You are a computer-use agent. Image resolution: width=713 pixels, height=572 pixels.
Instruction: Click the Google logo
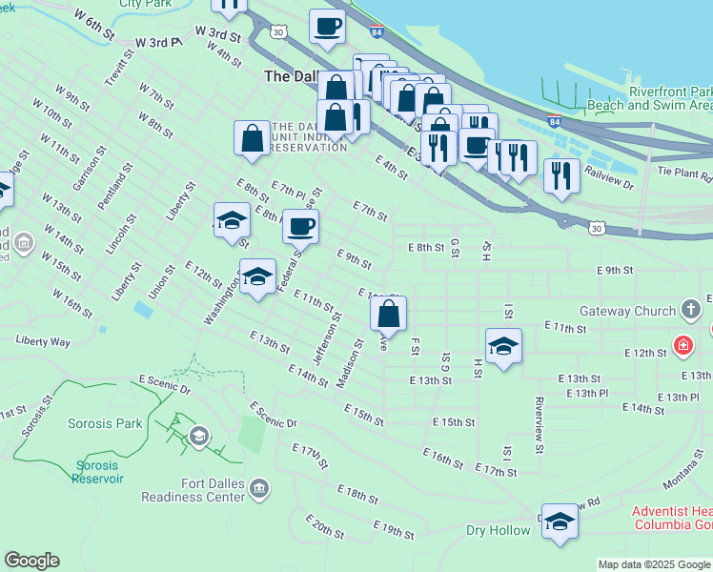tap(31, 561)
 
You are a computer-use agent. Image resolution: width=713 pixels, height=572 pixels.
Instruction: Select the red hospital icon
tap(682, 345)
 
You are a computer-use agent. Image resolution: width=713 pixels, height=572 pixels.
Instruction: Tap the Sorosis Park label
tap(105, 424)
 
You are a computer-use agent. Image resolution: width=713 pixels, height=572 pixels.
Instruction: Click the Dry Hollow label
tap(498, 530)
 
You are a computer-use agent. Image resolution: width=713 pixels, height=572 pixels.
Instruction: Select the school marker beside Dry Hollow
tap(560, 522)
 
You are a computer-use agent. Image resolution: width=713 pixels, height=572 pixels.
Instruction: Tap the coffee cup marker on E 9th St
tap(301, 228)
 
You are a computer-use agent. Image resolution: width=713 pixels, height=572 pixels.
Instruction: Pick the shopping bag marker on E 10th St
tap(388, 314)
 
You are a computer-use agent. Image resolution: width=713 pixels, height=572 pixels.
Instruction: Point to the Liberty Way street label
tap(43, 340)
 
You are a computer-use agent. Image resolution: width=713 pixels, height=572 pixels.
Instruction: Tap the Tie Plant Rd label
tap(684, 176)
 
